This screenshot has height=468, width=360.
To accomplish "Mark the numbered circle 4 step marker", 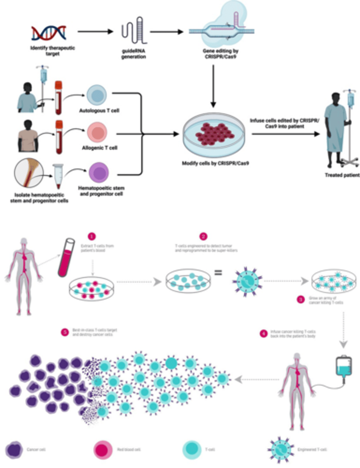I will point(264,333).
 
